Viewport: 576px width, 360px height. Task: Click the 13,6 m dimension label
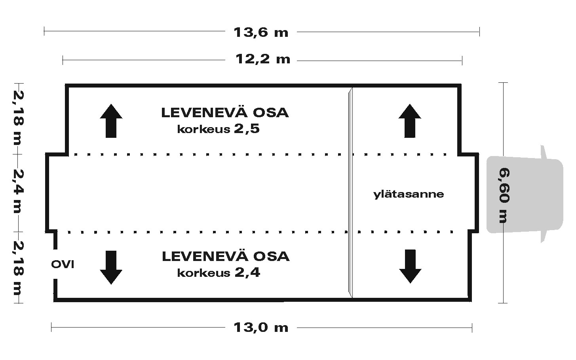(261, 33)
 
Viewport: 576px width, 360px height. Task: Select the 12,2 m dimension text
(263, 59)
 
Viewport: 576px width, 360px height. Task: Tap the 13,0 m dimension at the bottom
(261, 328)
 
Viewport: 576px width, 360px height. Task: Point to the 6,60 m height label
(504, 195)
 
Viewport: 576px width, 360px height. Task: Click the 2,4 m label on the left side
(19, 191)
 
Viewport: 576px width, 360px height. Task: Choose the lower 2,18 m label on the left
(19, 268)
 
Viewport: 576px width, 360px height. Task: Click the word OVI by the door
(63, 264)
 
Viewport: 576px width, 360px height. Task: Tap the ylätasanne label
(409, 194)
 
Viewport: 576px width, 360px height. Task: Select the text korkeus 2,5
(218, 129)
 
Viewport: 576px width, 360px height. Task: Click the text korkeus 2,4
(219, 272)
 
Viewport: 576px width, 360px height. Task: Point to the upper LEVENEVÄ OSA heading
(225, 113)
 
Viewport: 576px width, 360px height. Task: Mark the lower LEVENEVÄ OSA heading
(226, 256)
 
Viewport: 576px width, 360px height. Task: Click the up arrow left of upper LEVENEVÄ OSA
(111, 121)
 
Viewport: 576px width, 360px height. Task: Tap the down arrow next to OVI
(111, 268)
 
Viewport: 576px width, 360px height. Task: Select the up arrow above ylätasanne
(410, 121)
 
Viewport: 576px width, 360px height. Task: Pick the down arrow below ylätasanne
(410, 266)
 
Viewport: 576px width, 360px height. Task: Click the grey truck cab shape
(525, 194)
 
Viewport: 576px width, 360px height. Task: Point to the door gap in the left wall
(55, 264)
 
